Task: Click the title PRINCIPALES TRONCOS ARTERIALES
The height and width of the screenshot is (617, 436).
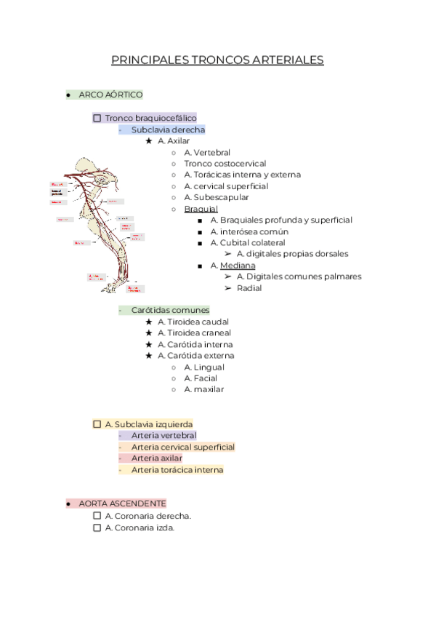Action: (217, 60)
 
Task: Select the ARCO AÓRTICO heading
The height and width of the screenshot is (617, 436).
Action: (111, 95)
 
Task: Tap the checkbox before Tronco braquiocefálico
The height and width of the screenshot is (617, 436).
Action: (97, 118)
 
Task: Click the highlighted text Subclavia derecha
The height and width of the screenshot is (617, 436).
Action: (168, 130)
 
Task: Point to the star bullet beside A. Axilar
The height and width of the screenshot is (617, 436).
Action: (149, 141)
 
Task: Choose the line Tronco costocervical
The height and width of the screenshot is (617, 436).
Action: (225, 164)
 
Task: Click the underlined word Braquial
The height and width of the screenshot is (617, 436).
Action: (201, 209)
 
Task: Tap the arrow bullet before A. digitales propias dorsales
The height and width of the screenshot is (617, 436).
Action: (228, 254)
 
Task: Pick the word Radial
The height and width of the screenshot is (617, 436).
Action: (249, 288)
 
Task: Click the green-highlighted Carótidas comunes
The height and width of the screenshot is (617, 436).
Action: (170, 310)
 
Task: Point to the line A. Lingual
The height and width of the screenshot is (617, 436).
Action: (204, 367)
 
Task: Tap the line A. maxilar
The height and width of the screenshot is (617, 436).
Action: (204, 389)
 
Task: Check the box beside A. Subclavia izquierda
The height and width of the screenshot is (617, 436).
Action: (97, 424)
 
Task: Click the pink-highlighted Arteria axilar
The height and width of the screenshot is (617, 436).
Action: (157, 458)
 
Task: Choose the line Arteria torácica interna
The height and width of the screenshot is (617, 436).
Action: (177, 470)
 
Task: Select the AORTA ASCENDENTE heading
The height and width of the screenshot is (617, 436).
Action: (122, 503)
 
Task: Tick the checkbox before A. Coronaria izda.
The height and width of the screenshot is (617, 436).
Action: (97, 528)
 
